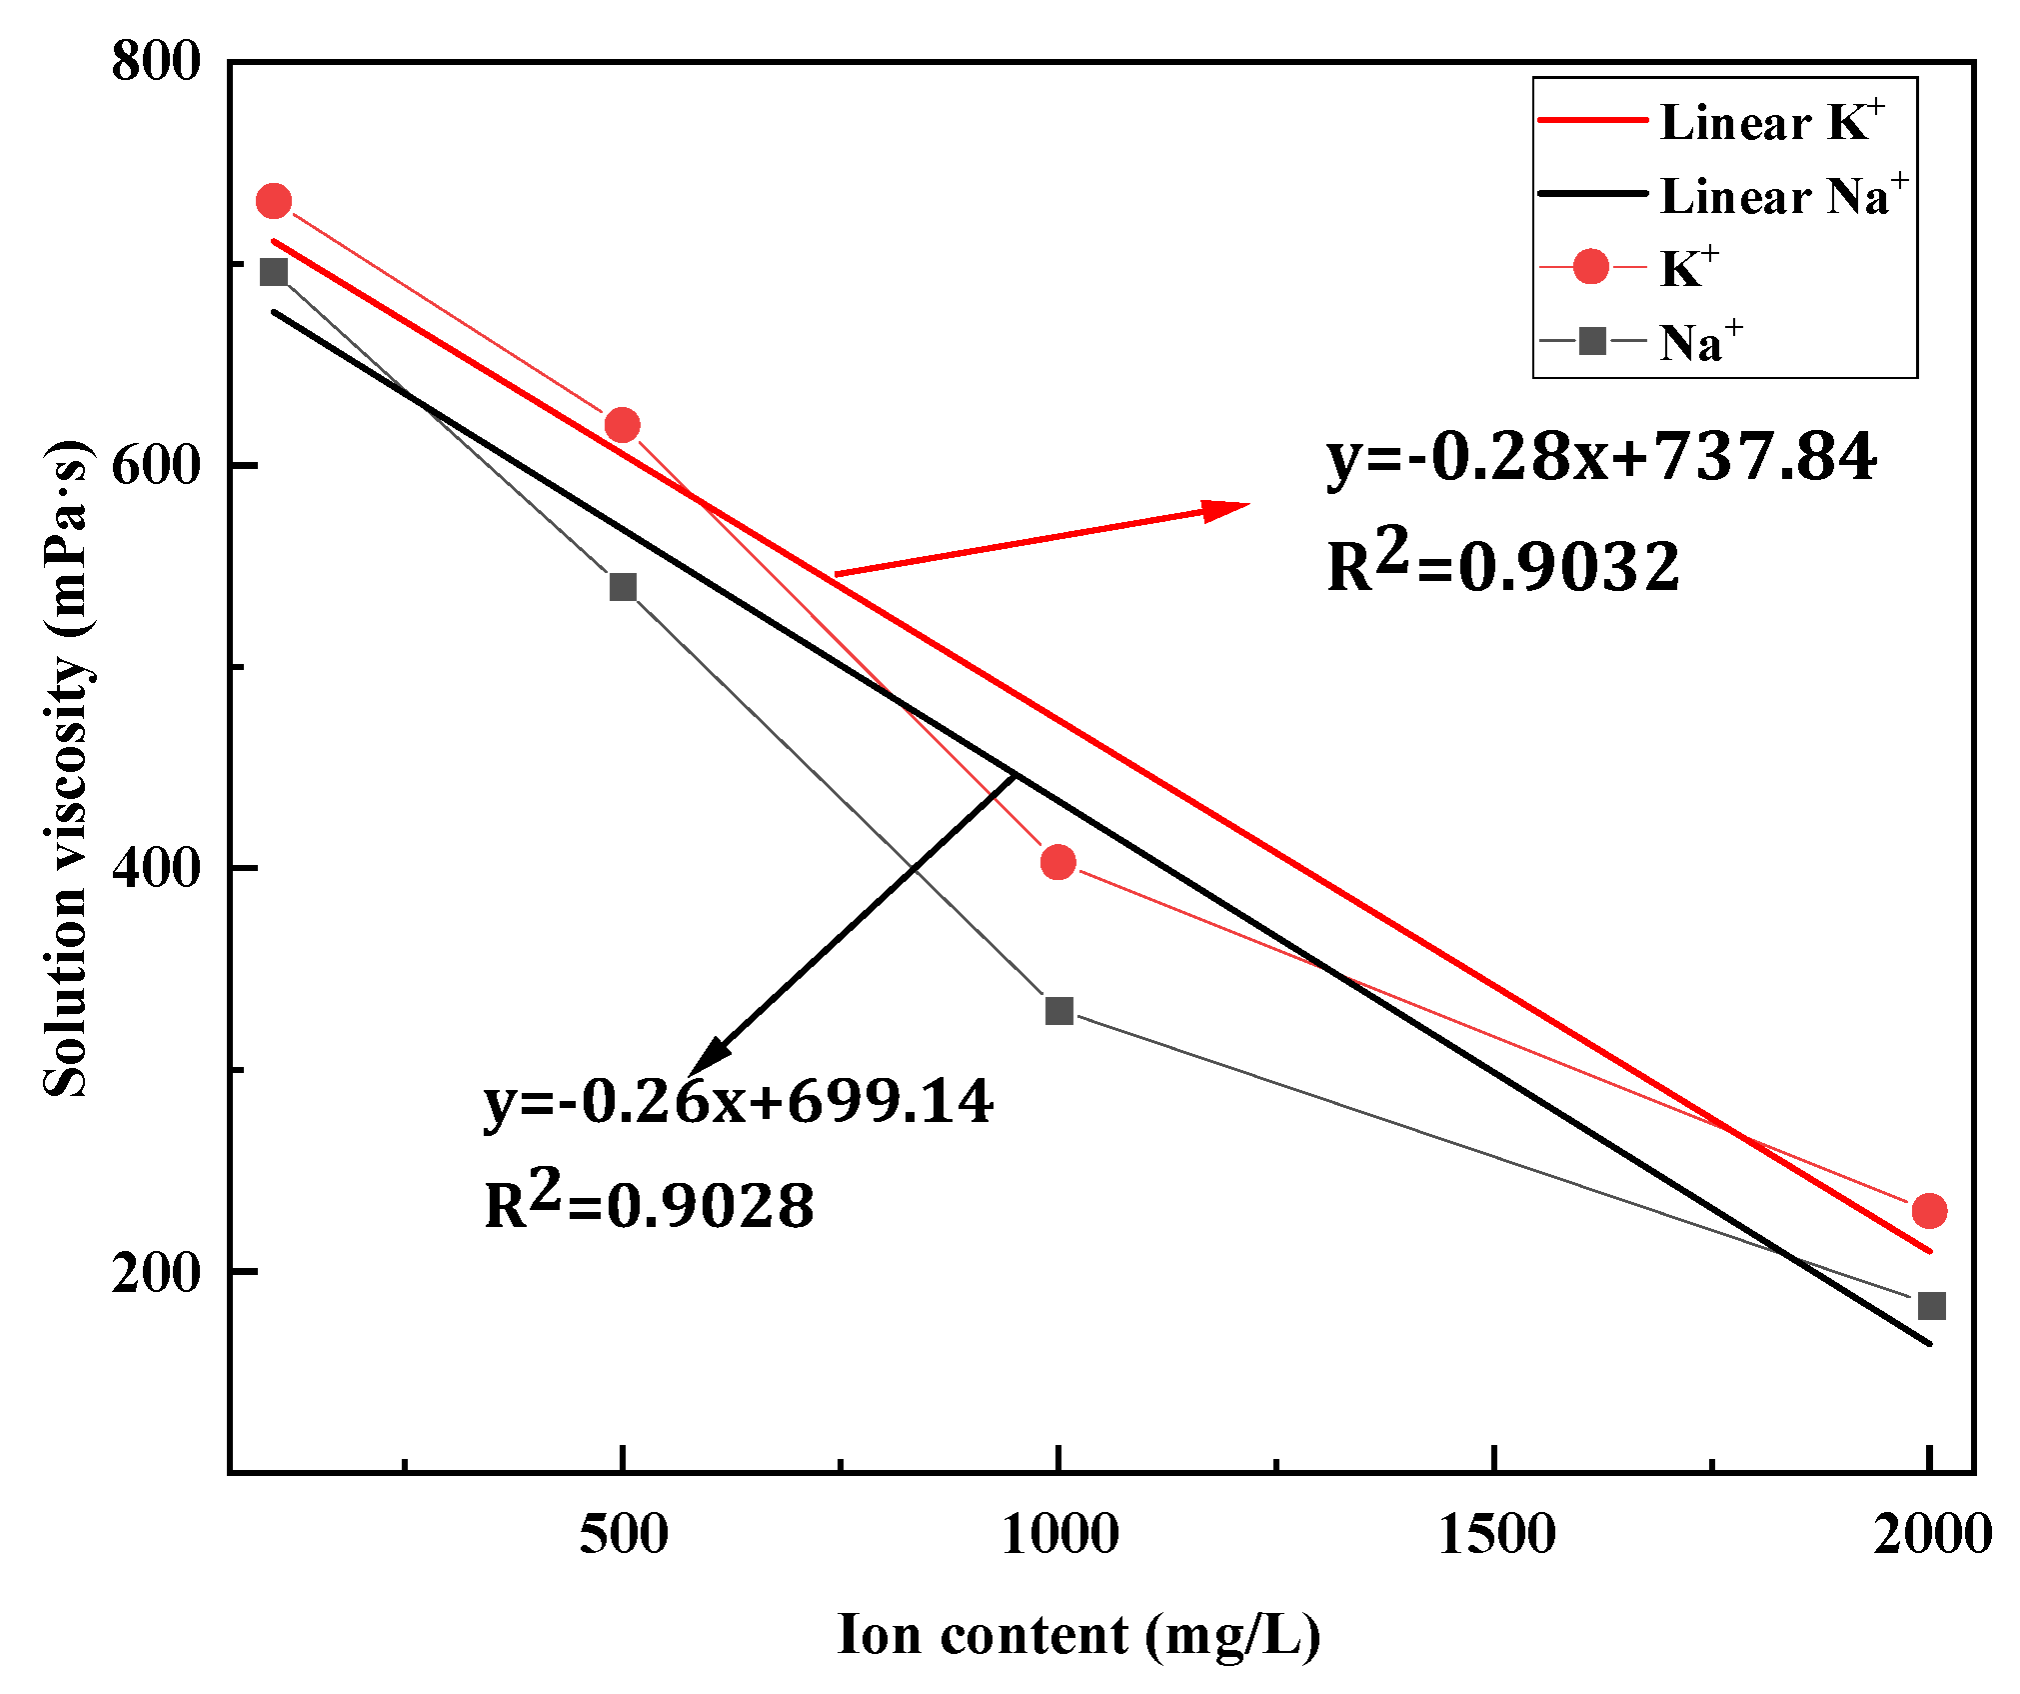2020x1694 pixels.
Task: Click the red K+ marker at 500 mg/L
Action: (x=622, y=425)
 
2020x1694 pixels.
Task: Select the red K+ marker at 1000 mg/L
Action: (x=1057, y=861)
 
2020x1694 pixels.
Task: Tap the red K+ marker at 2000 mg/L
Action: (x=1929, y=1210)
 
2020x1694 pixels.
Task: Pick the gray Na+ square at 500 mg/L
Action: (x=623, y=586)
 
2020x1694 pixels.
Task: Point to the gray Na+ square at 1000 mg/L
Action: (x=1059, y=1010)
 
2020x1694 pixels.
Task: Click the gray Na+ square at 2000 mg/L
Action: (x=1931, y=1305)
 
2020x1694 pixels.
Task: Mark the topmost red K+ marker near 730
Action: (x=273, y=201)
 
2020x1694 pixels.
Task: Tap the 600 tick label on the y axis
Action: (x=156, y=465)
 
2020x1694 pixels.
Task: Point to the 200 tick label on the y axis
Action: (x=156, y=1272)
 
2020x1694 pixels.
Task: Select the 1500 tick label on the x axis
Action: (x=1496, y=1534)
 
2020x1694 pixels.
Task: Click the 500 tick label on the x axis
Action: (x=623, y=1534)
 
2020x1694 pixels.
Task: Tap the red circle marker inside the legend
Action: (x=1590, y=267)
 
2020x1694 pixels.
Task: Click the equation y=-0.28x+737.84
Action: (x=1600, y=457)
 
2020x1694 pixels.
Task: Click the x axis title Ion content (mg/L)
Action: (x=1078, y=1635)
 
